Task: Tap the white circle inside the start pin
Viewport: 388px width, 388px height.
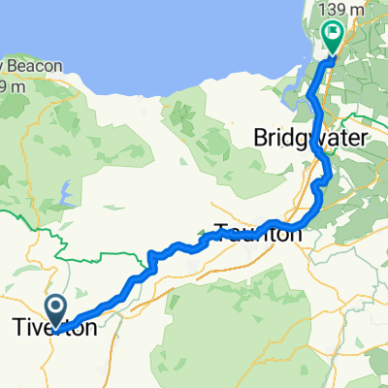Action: click(x=56, y=309)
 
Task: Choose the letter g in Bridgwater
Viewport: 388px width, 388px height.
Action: click(x=311, y=141)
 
